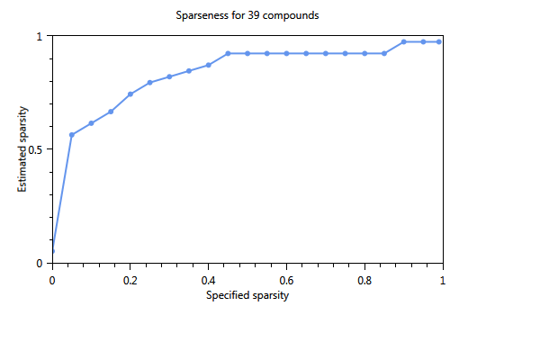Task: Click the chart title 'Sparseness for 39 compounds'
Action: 247,16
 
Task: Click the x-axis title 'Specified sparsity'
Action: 247,294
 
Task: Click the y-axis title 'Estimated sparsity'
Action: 23,149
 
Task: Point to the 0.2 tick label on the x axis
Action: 130,279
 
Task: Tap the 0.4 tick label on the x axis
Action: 208,279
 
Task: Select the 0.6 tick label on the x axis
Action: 286,279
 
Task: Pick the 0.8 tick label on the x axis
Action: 364,279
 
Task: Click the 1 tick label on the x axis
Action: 443,279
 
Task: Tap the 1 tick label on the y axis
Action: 40,36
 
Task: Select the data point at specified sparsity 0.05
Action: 72,135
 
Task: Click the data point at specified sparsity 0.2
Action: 130,94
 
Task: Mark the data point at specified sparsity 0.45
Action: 228,53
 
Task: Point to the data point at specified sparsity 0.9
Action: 404,41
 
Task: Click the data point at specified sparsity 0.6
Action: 286,53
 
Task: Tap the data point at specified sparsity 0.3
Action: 169,76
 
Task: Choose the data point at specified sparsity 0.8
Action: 364,53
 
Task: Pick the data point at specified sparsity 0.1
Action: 91,123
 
